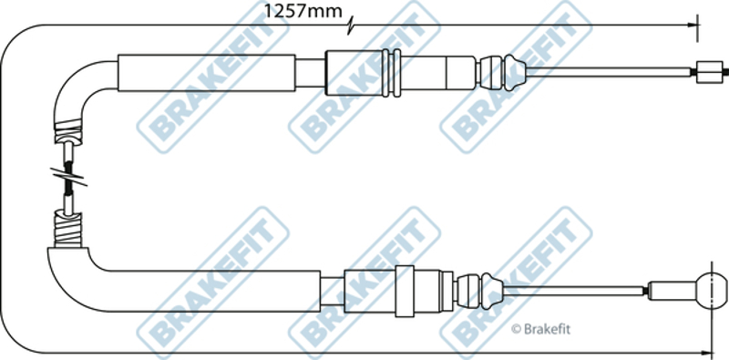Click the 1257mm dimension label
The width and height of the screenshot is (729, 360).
tap(303, 11)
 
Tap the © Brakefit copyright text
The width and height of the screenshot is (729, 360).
tap(540, 329)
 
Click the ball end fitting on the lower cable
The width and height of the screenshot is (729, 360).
tap(712, 291)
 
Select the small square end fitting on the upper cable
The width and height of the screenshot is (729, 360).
tap(710, 72)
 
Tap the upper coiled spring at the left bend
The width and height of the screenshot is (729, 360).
tap(68, 131)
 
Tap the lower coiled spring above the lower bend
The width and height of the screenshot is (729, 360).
tap(68, 229)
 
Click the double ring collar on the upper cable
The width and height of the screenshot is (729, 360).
tap(391, 73)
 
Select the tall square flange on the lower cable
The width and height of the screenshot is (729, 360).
tap(404, 291)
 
